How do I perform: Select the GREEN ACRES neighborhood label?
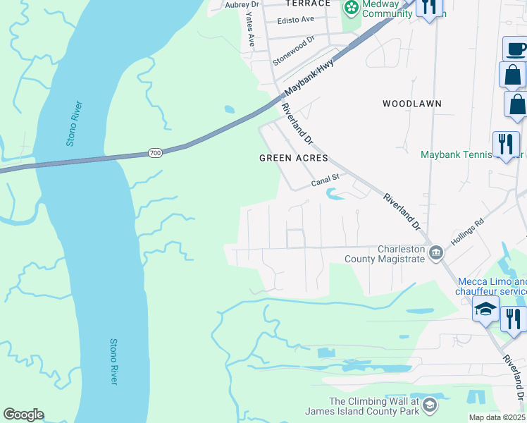pos(294,158)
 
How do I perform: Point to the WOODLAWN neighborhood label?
pos(412,104)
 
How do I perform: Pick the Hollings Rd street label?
pos(468,231)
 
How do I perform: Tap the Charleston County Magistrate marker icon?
pos(436,252)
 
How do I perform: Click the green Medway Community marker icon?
pos(351,8)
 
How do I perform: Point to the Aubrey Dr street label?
pos(242,5)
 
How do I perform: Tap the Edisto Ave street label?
pos(297,19)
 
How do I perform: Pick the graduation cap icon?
pos(485,309)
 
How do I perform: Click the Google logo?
pos(23,415)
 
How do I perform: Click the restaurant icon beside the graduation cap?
pos(514,318)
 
